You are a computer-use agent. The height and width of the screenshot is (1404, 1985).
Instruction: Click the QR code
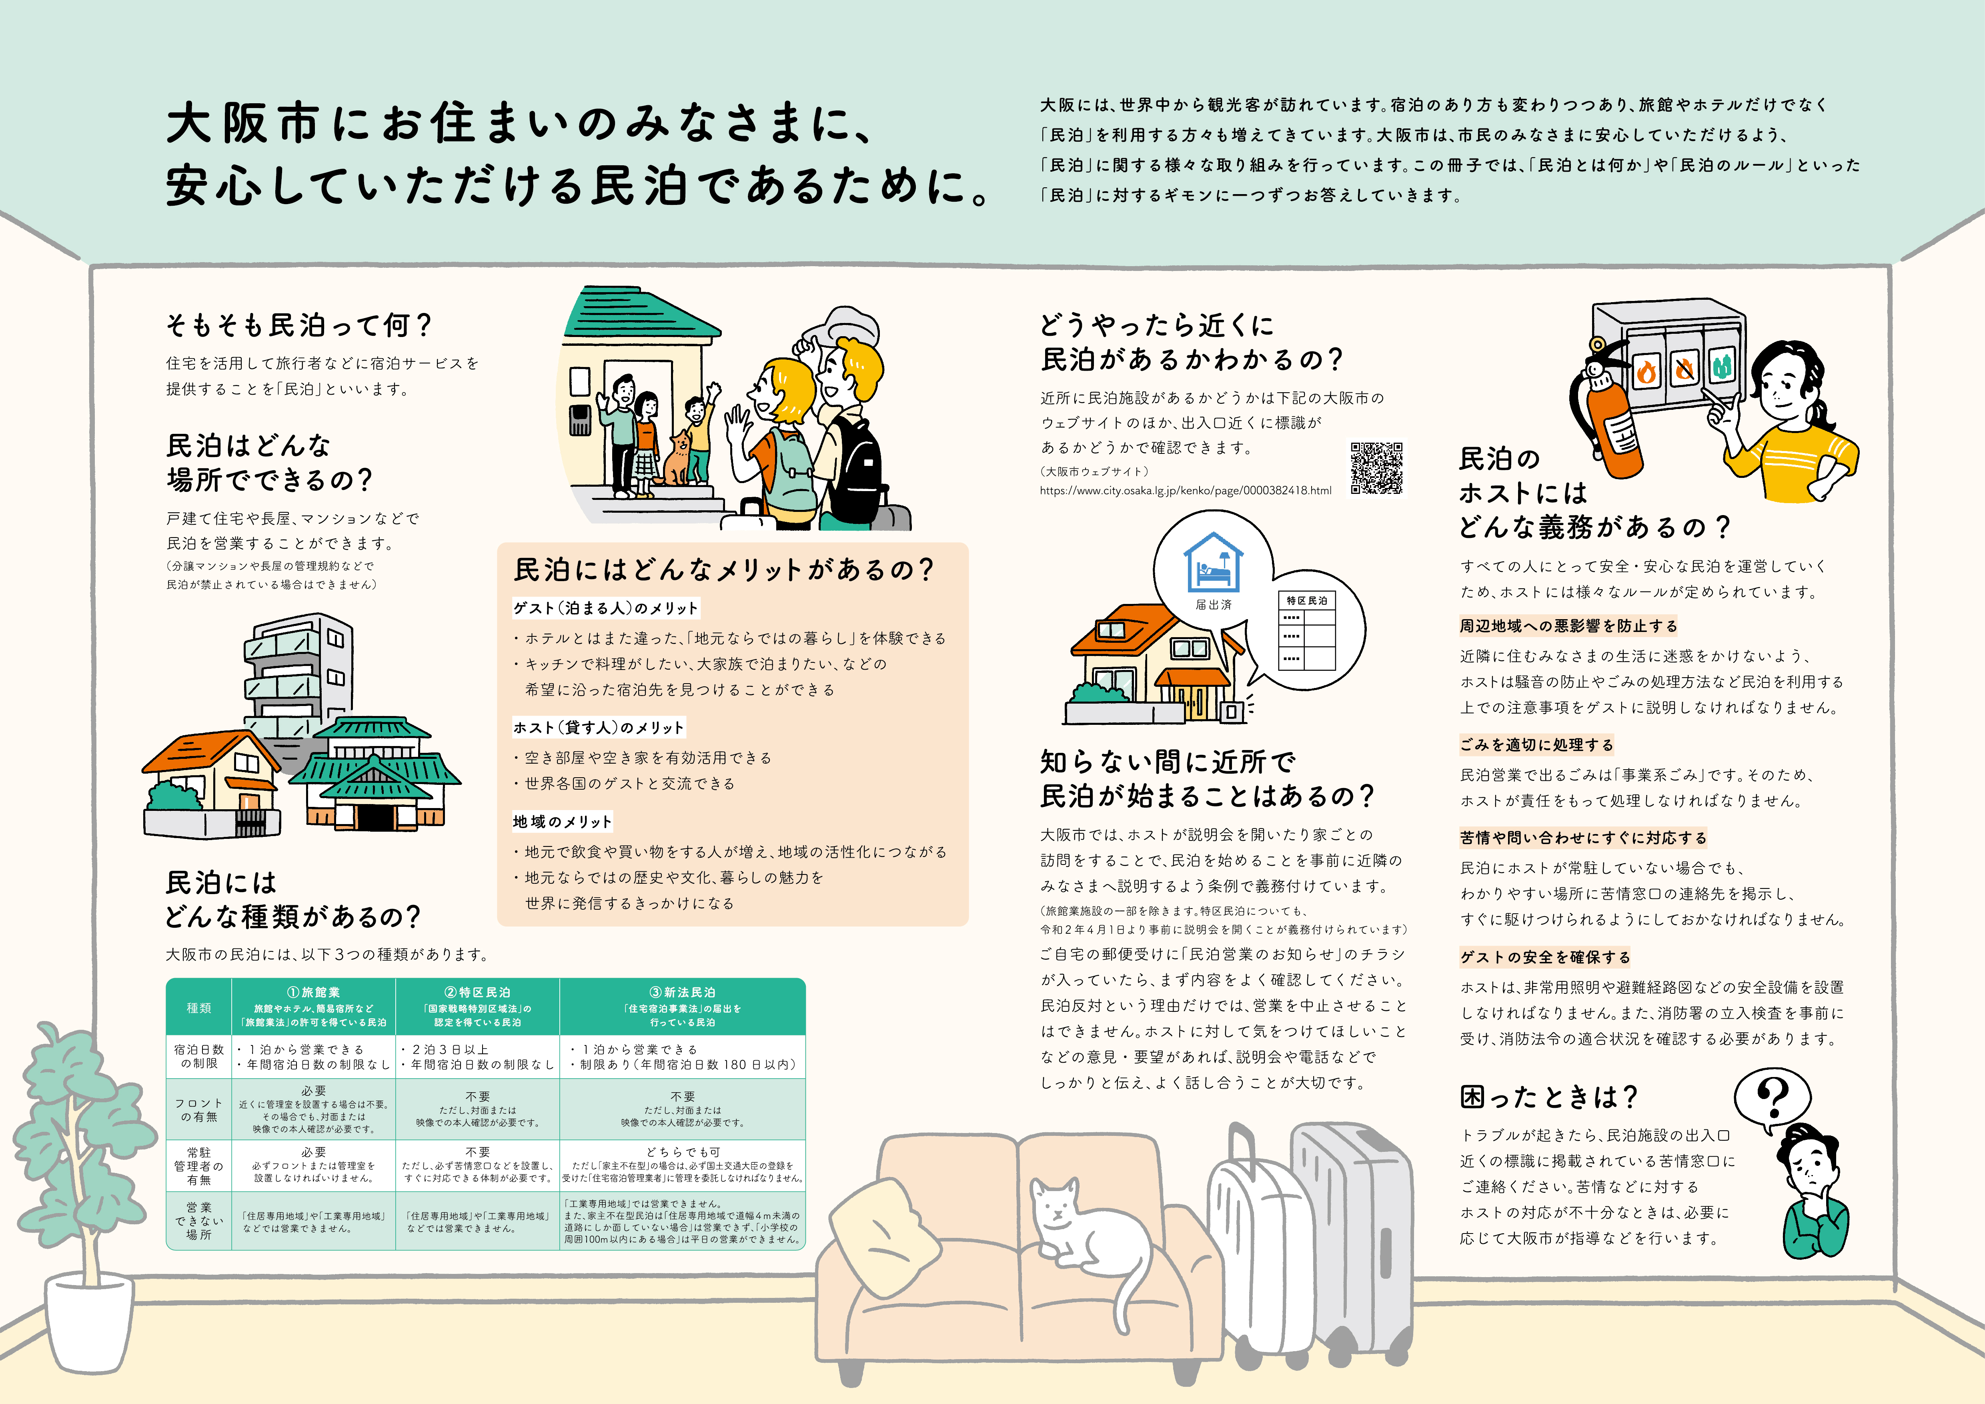(1376, 468)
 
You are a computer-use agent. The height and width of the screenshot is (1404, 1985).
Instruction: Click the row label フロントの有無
(199, 1110)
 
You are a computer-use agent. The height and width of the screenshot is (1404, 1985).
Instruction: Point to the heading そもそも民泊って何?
(298, 326)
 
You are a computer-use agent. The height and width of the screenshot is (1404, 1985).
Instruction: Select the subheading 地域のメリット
(562, 821)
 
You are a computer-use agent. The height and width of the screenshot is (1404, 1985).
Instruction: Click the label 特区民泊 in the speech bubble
(1306, 600)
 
